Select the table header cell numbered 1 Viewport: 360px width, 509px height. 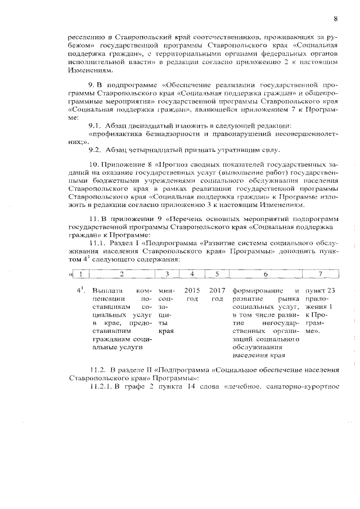click(x=82, y=274)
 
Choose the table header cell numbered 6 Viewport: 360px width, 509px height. click(x=265, y=274)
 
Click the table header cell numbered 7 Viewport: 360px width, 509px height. click(x=320, y=274)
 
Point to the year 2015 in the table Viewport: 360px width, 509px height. click(x=192, y=290)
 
